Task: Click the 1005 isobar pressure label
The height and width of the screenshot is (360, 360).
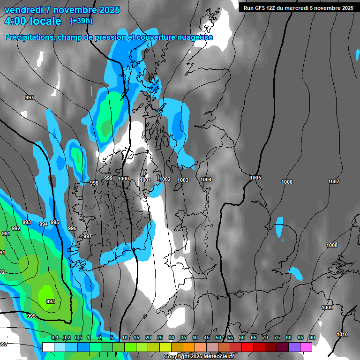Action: pyautogui.click(x=255, y=178)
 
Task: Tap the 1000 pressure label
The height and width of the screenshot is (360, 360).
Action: pyautogui.click(x=123, y=179)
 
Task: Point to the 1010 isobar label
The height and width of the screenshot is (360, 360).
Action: pyautogui.click(x=342, y=334)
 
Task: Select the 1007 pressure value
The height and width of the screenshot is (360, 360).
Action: pyautogui.click(x=333, y=181)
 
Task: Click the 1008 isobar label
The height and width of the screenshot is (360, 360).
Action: pyautogui.click(x=332, y=245)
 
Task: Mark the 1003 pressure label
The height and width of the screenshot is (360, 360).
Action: pyautogui.click(x=183, y=180)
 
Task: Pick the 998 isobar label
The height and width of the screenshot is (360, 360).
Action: pyautogui.click(x=94, y=183)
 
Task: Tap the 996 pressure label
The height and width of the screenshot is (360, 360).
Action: pyautogui.click(x=72, y=228)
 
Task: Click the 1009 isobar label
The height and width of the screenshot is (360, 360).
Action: pyautogui.click(x=327, y=307)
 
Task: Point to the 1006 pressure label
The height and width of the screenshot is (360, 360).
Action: pyautogui.click(x=287, y=182)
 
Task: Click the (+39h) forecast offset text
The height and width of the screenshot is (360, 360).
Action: pyautogui.click(x=81, y=21)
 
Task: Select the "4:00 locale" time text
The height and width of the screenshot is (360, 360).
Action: pyautogui.click(x=33, y=21)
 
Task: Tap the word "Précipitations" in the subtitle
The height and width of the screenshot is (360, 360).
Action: pyautogui.click(x=28, y=37)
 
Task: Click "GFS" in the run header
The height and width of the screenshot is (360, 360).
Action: pyautogui.click(x=261, y=8)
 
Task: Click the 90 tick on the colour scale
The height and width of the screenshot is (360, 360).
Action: pyautogui.click(x=312, y=337)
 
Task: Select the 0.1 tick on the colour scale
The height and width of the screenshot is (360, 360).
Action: pyautogui.click(x=54, y=337)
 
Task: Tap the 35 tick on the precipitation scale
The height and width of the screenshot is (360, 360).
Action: pyautogui.click(x=183, y=337)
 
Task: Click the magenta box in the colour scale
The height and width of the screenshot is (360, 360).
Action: pyautogui.click(x=306, y=347)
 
